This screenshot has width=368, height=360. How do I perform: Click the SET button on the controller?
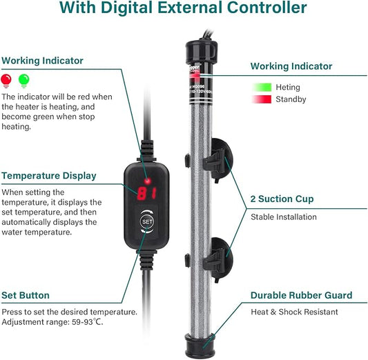[x=146, y=222]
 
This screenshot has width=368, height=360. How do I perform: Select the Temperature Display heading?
[x=49, y=176]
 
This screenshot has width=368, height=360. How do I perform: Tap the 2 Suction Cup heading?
[x=282, y=199]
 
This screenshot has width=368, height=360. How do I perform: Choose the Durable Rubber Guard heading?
[x=301, y=295]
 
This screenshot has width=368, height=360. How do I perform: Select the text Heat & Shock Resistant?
[x=294, y=312]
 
